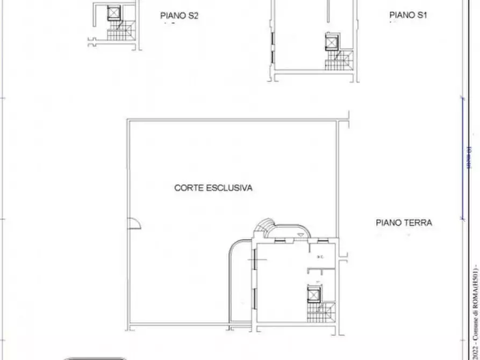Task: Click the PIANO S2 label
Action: click(x=180, y=16)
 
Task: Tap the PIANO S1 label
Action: click(x=408, y=16)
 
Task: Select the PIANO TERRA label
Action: click(x=404, y=222)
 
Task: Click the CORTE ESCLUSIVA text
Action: click(x=213, y=188)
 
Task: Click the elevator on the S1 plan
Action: click(x=331, y=41)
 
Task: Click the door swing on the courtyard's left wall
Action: click(x=134, y=225)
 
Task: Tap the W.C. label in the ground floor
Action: click(x=320, y=257)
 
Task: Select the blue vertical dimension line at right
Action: click(x=462, y=159)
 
